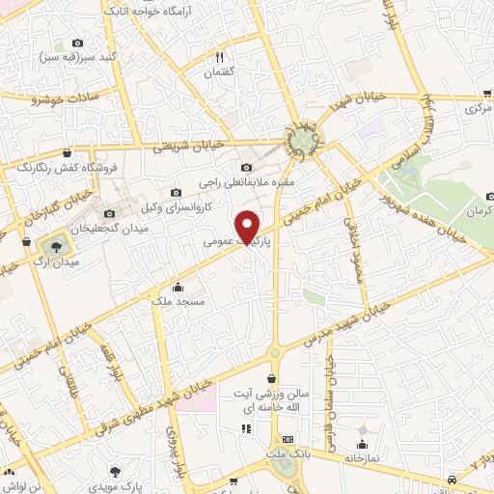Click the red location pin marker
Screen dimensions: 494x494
248,226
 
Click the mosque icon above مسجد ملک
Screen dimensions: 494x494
178,287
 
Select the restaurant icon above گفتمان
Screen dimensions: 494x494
219,58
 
